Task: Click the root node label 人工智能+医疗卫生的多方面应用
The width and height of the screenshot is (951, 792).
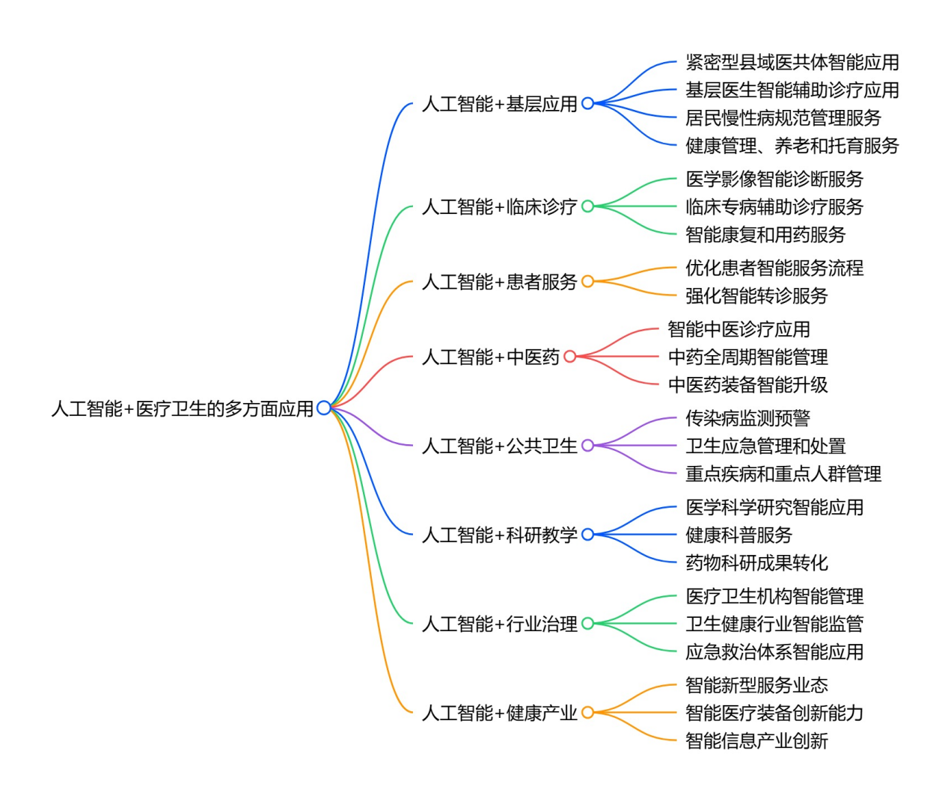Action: [182, 408]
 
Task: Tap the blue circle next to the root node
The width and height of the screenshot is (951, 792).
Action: [323, 408]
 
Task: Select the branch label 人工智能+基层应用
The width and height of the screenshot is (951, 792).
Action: [499, 104]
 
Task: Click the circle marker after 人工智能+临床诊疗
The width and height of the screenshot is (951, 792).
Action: [587, 206]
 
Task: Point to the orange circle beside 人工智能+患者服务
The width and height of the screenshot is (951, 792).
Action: [587, 281]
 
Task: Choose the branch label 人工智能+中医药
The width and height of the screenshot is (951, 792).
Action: [490, 357]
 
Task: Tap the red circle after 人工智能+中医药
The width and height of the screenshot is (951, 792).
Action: [569, 357]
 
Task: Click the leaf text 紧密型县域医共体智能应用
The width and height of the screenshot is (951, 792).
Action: [792, 62]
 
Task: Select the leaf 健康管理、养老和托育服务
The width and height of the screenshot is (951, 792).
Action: [792, 145]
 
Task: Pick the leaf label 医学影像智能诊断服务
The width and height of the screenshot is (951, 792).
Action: [774, 179]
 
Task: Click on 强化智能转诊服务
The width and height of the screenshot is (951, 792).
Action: [756, 295]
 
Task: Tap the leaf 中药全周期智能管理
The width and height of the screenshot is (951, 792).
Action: [747, 357]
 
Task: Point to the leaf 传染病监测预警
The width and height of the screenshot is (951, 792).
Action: [747, 418]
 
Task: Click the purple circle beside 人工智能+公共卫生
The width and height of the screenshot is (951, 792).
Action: [587, 446]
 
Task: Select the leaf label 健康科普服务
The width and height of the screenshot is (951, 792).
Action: [738, 535]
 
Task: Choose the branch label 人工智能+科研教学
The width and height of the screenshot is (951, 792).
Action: [499, 535]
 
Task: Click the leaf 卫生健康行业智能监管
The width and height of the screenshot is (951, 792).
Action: [774, 624]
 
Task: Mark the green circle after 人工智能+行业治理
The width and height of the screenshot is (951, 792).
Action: [587, 624]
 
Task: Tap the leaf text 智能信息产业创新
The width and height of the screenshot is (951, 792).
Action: [756, 740]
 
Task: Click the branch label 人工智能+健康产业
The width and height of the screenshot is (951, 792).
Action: [499, 713]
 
